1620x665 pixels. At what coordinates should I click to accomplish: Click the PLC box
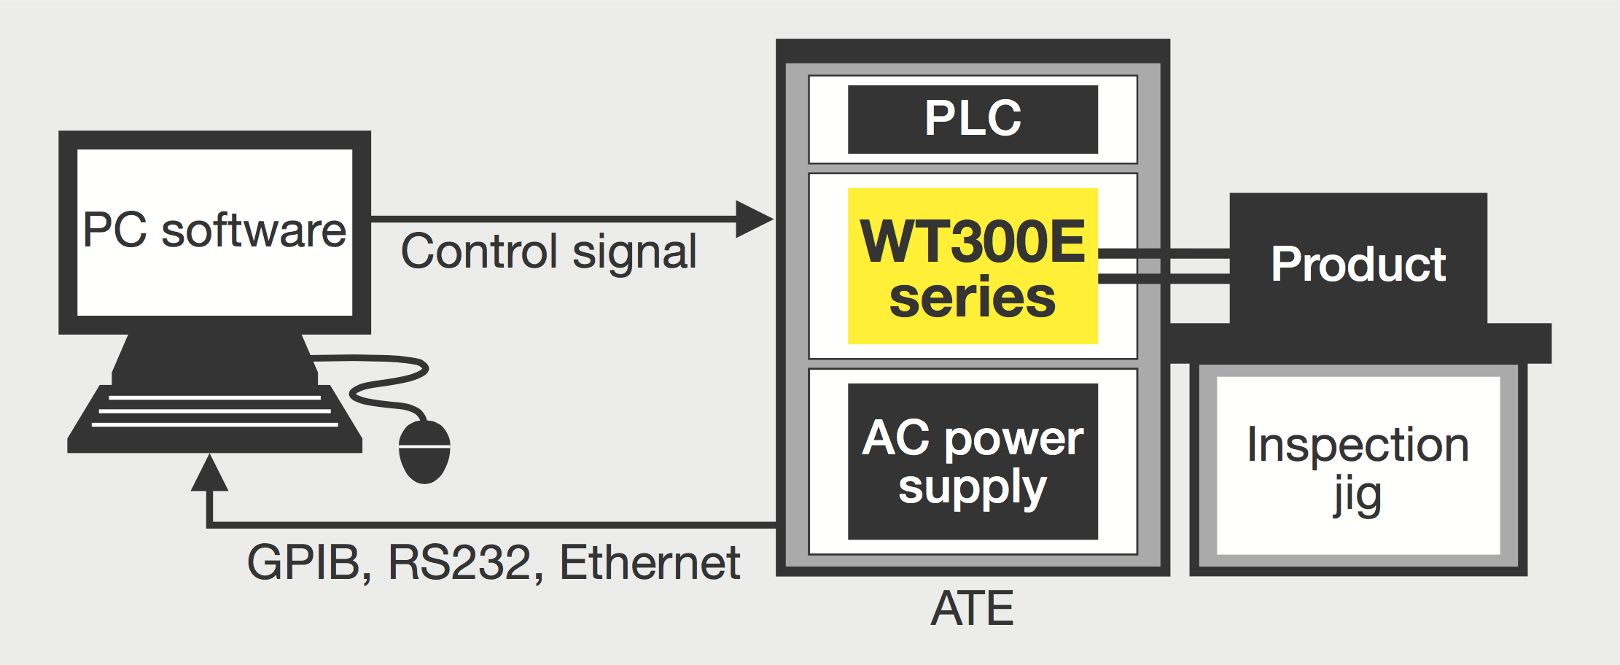pos(973,119)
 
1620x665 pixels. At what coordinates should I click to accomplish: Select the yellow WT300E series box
pos(973,266)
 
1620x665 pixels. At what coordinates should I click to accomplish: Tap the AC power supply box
pos(973,462)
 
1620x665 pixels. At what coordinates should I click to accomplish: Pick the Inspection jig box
pos(1358,467)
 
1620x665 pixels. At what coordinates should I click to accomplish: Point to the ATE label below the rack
pos(973,609)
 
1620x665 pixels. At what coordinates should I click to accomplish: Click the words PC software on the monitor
pos(214,230)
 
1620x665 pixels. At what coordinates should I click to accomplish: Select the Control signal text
pos(548,252)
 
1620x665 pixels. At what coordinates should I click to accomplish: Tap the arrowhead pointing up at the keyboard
pos(210,474)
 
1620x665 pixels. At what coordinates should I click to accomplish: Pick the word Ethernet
pos(650,563)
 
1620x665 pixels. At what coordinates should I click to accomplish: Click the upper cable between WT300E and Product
pos(1164,254)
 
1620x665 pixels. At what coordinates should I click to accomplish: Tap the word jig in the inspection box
pos(1358,496)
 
